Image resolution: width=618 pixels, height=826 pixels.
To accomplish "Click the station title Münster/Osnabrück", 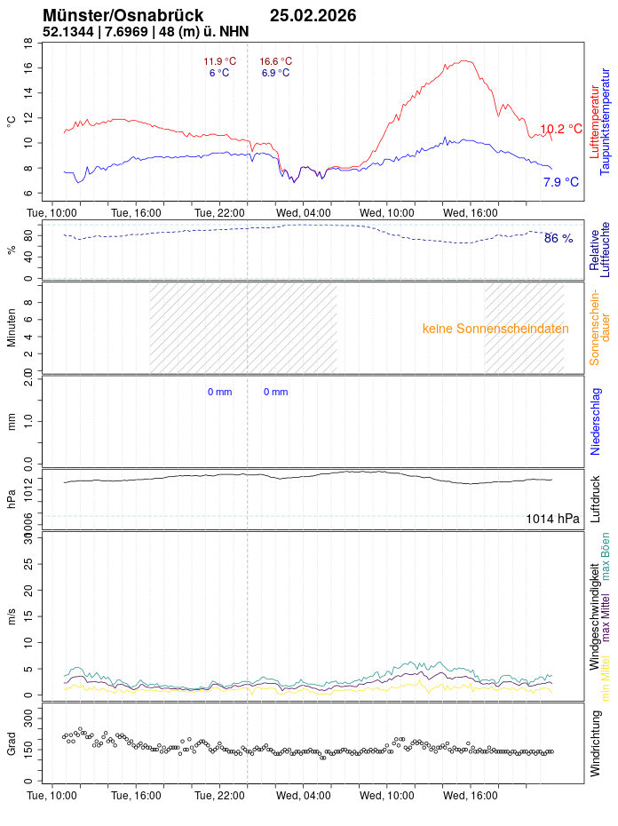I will pyautogui.click(x=123, y=16).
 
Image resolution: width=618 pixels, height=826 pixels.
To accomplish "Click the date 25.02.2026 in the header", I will pyautogui.click(x=313, y=16).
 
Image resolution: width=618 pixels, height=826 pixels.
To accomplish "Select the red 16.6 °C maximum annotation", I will pyautogui.click(x=275, y=61).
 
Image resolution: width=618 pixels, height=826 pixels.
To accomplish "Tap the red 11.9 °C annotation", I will pyautogui.click(x=219, y=61).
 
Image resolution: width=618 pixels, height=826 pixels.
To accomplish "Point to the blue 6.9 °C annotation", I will pyautogui.click(x=275, y=73).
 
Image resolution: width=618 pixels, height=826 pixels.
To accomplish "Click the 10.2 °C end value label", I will pyautogui.click(x=561, y=130).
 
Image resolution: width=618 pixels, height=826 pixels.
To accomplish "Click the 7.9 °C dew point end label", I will pyautogui.click(x=561, y=182).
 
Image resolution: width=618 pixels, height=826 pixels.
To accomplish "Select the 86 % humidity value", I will pyautogui.click(x=559, y=239).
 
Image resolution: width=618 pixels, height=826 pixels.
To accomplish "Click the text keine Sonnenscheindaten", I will pyautogui.click(x=495, y=329).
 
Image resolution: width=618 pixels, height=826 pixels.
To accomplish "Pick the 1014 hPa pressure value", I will pyautogui.click(x=552, y=519).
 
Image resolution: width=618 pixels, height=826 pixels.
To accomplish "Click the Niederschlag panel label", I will pyautogui.click(x=596, y=421).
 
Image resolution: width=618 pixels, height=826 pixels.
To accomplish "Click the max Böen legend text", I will pyautogui.click(x=606, y=556).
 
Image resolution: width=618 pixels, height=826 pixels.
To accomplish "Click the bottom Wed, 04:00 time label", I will pyautogui.click(x=303, y=797).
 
